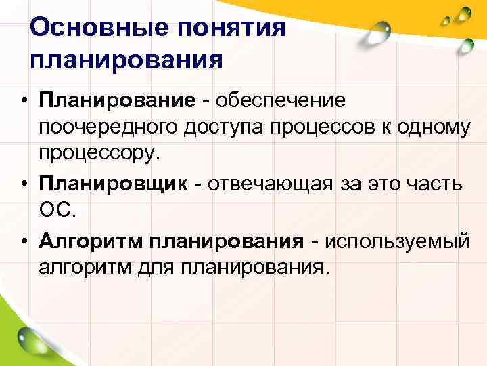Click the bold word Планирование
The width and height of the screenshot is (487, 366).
pos(117,101)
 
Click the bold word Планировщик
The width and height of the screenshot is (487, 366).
pos(113,182)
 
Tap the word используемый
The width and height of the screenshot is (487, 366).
pos(396,240)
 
